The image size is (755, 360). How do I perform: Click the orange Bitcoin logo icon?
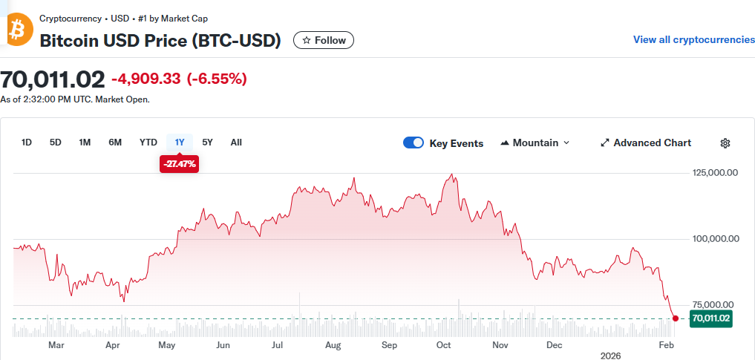point(16,30)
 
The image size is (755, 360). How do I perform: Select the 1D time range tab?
point(27,143)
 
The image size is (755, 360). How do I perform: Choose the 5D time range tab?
point(56,143)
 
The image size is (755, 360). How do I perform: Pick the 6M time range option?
point(115,143)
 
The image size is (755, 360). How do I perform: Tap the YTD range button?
point(148,143)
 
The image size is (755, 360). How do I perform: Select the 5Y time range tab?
point(208,143)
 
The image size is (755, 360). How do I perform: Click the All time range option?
point(236,143)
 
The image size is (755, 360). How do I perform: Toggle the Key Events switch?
point(414,143)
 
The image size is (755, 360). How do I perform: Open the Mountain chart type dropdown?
point(535,143)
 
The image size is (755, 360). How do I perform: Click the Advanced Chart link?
point(645,143)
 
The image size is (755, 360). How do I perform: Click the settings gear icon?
point(726,143)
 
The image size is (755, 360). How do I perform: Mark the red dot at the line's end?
point(675,318)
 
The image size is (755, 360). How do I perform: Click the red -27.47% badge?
point(179,163)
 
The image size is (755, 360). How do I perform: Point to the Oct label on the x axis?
point(444,345)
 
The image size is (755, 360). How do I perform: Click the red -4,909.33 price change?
point(146,79)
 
